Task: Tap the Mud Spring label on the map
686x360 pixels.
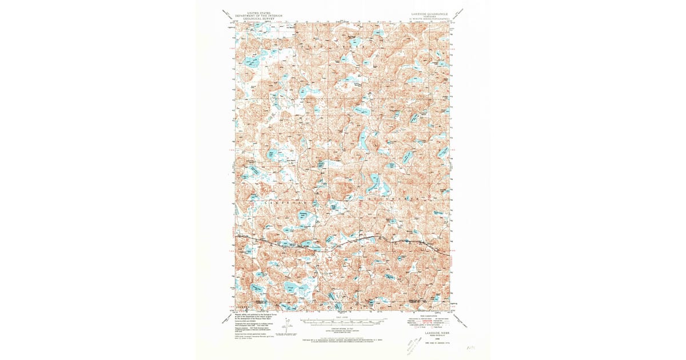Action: (x=291, y=161)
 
